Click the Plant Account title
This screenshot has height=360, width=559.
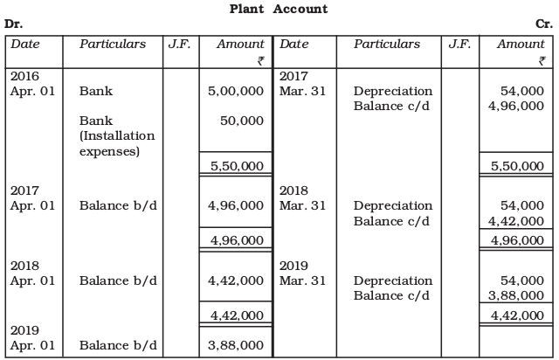(279, 9)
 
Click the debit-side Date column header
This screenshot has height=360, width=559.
(24, 44)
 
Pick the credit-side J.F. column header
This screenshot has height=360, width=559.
(455, 44)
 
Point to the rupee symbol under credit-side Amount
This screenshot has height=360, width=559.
(542, 60)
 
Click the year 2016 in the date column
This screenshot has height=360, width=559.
(24, 76)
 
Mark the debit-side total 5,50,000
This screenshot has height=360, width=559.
(236, 165)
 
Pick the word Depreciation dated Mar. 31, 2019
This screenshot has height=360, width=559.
(393, 280)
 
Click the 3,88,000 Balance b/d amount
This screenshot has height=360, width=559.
(236, 345)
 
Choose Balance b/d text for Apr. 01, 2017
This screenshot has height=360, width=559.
(118, 205)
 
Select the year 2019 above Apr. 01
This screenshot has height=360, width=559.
(24, 330)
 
